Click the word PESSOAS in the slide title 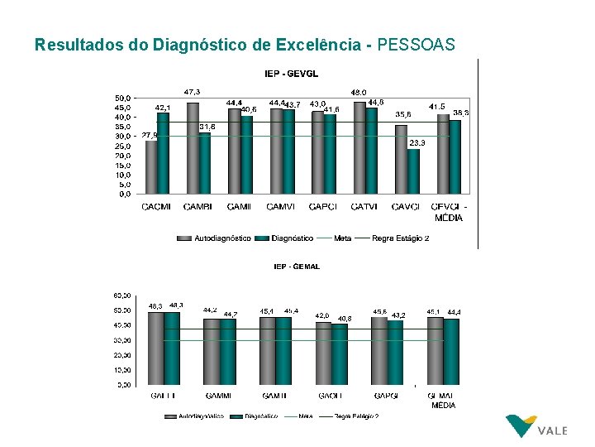pos(416,45)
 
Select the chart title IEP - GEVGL pos(291,74)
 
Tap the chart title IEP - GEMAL pos(297,267)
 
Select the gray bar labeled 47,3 pos(193,148)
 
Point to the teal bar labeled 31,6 pos(205,163)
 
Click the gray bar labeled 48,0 pos(359,147)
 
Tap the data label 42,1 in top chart pos(164,108)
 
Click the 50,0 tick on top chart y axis pos(121,98)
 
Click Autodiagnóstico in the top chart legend pos(222,238)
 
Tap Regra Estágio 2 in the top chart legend pos(401,238)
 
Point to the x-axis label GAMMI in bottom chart pos(218,396)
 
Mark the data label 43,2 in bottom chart pos(398,315)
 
